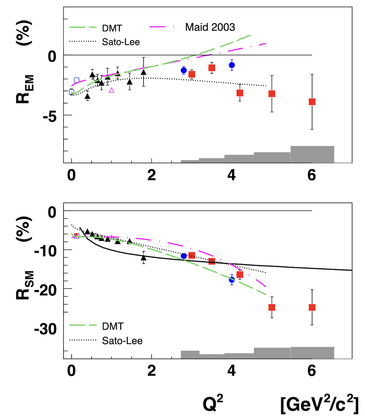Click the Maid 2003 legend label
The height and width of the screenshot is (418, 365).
(210, 27)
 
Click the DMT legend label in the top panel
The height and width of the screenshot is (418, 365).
(112, 28)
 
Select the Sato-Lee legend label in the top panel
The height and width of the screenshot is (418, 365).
(121, 42)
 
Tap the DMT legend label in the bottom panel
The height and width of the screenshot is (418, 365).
(113, 326)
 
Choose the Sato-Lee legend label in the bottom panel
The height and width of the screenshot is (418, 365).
(122, 340)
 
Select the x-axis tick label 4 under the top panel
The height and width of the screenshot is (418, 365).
(231, 175)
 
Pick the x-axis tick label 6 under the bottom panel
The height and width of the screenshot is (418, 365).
(312, 371)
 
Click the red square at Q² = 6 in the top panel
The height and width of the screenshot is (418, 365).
(312, 102)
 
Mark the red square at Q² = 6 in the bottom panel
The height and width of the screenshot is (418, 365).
(312, 307)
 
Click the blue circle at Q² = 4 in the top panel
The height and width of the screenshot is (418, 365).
(232, 65)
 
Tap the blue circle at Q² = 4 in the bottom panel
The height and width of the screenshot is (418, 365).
(232, 279)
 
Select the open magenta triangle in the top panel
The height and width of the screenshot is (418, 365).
(112, 90)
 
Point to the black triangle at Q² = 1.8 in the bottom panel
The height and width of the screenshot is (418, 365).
(144, 258)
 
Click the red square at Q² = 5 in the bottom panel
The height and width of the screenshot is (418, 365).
(272, 307)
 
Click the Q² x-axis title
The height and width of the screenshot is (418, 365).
(213, 404)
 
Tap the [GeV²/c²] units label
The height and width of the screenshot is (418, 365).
(319, 405)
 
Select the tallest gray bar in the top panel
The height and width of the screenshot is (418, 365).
(312, 154)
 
